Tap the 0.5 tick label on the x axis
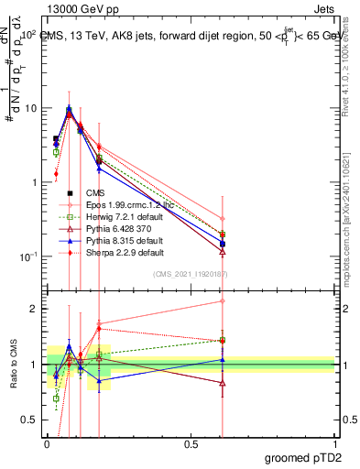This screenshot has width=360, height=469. click(191, 442)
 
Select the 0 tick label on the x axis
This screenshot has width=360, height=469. click(47, 442)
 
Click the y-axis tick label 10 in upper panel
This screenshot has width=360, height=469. click(30, 108)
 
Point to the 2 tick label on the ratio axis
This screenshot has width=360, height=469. click(35, 310)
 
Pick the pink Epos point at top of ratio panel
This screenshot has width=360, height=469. click(223, 300)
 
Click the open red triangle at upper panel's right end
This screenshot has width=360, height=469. click(223, 251)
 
